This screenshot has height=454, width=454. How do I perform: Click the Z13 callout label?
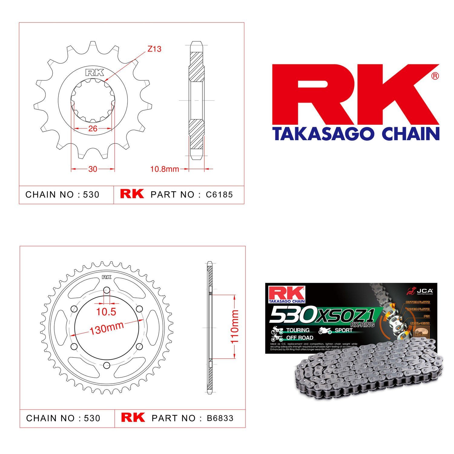154,49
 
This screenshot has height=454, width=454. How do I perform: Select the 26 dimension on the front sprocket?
93,128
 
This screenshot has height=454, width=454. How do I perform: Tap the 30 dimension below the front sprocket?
93,169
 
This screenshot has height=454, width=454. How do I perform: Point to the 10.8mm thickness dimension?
165,169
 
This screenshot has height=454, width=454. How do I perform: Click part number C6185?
219,195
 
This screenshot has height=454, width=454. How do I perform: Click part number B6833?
220,418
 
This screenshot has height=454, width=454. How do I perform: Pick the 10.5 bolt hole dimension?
106,312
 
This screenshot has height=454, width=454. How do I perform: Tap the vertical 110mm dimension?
235,326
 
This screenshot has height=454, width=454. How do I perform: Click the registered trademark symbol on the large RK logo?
435,76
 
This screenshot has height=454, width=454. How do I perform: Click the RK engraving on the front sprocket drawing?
95,73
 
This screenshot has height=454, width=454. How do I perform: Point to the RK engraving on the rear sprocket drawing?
107,277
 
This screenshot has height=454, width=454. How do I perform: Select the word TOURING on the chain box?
298,330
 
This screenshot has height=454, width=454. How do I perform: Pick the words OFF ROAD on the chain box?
299,338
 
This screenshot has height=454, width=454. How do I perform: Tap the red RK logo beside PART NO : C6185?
132,194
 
